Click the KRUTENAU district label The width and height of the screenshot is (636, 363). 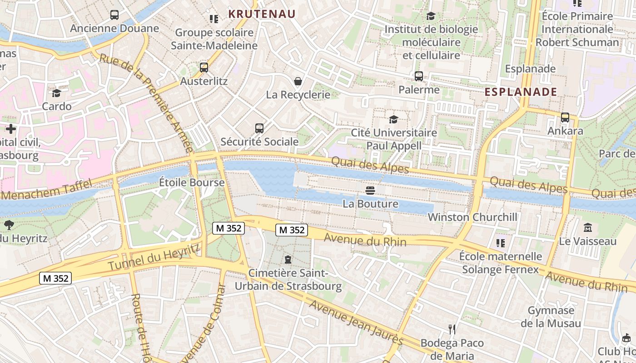coord(262,14)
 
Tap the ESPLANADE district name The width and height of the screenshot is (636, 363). coord(521,92)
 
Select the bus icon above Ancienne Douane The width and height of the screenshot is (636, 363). coord(114,15)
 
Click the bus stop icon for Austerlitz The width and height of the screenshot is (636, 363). coord(204,68)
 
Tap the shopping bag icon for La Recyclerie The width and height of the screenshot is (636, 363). coord(298,81)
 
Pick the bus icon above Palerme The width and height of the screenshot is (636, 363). coord(419,76)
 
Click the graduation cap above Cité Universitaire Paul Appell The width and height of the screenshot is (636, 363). coord(394,119)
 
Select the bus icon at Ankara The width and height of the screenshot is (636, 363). coord(565,118)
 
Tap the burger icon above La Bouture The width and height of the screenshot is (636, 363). coord(371,190)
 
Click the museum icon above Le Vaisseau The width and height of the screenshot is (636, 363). coord(587,227)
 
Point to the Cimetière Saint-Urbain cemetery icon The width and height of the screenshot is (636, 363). coord(288,260)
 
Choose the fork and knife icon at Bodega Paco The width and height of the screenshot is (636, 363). coord(452,329)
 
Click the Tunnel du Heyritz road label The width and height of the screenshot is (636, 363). coord(154,257)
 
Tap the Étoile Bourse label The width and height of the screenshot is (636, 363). coord(192,182)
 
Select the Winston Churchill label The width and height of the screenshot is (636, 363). coord(472,217)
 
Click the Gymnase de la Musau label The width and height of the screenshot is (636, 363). coord(551,317)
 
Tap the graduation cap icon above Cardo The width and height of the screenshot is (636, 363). coord(56,93)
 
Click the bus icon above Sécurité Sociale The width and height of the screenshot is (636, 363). coord(259,128)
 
